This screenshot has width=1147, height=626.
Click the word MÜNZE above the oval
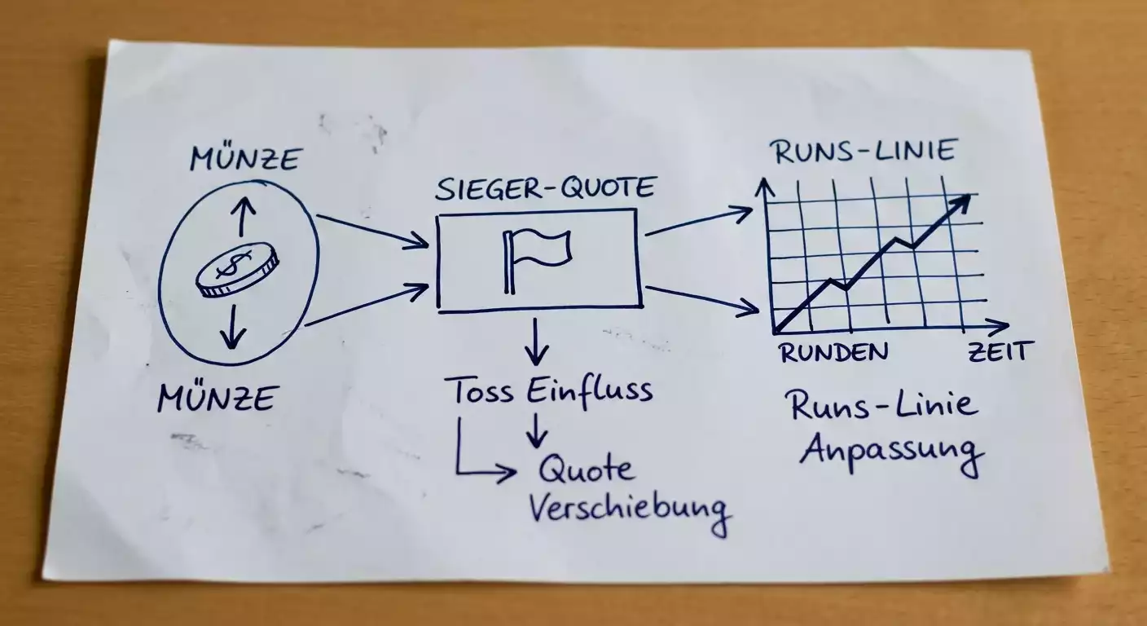pos(244,158)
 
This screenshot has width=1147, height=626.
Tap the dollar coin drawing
pos(237,270)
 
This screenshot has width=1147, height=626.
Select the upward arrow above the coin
pos(242,216)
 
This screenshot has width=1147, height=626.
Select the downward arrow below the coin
pos(233,326)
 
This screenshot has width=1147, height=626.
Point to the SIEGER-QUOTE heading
pos(545,187)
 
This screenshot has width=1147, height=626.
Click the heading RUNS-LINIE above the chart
pos(864,151)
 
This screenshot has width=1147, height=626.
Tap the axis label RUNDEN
pos(834,352)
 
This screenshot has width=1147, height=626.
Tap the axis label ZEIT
pos(997,351)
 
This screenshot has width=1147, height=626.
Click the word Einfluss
pos(590,390)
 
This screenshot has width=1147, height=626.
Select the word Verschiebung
pos(630,510)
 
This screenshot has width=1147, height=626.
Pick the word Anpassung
pos(891,453)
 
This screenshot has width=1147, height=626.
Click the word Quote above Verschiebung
pos(586,469)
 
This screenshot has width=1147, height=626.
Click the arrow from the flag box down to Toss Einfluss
pos(535,342)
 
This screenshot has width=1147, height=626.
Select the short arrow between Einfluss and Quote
pos(535,431)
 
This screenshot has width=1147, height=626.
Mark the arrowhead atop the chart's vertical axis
pos(765,187)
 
